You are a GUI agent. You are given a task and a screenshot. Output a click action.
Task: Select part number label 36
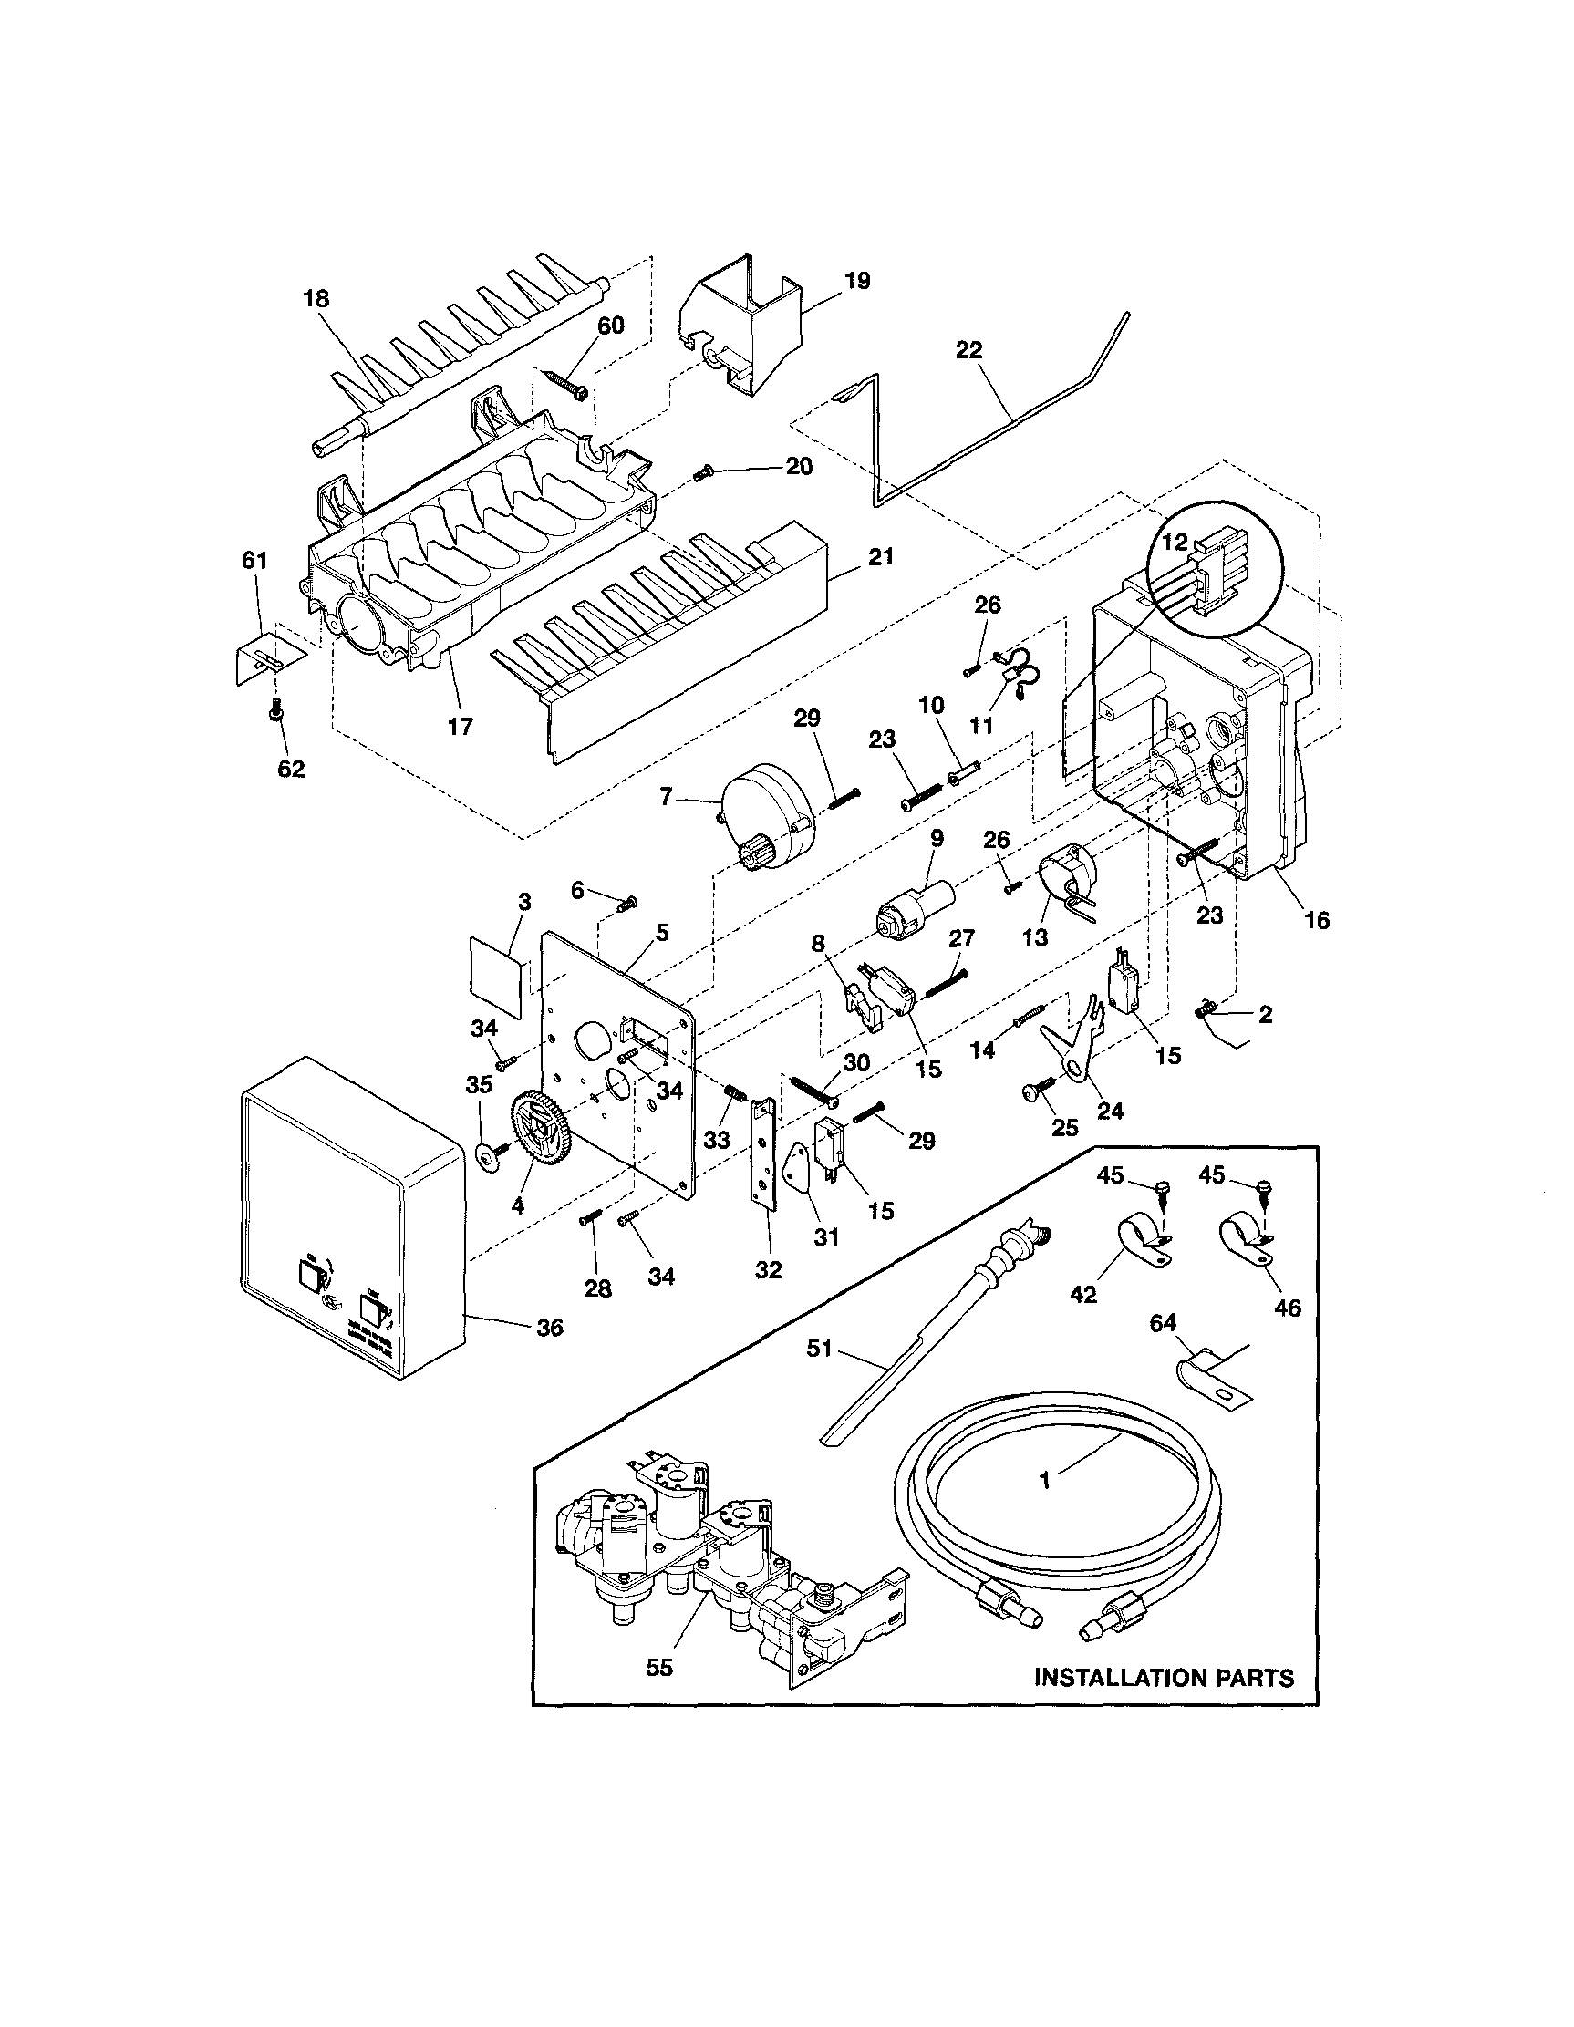coord(549,1329)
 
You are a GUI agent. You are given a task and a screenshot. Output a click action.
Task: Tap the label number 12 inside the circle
coord(1174,543)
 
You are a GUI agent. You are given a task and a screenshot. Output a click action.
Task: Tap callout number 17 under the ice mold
coord(460,726)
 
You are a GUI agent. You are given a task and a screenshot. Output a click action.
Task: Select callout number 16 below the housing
coord(1316,920)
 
